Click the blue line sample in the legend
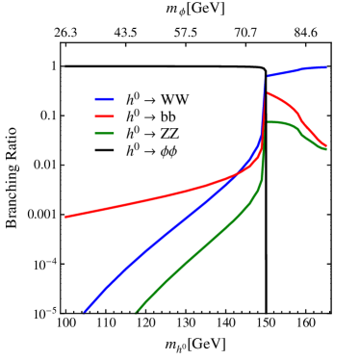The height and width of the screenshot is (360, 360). (x=104, y=99)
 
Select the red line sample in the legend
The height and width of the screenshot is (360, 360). (x=104, y=116)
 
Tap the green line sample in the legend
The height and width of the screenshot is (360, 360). (x=104, y=134)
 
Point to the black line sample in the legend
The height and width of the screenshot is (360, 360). (x=104, y=151)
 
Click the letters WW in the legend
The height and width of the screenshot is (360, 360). (x=175, y=99)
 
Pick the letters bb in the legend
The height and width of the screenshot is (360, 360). (x=168, y=116)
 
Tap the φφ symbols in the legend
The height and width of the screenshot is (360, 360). (x=169, y=151)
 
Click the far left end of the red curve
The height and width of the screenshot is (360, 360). (x=65, y=217)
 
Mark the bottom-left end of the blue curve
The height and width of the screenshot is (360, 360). (x=85, y=312)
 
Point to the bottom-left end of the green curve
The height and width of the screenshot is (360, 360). (x=137, y=312)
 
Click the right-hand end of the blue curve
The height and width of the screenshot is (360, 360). (x=325, y=67)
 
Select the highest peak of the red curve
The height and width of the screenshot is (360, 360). (x=267, y=92)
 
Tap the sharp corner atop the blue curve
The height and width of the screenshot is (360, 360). (x=266, y=75)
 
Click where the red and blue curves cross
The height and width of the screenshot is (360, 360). (x=241, y=174)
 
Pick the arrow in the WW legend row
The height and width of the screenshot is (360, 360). (x=150, y=100)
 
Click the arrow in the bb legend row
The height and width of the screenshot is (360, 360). (x=150, y=117)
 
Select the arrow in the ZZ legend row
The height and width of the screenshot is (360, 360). (x=150, y=135)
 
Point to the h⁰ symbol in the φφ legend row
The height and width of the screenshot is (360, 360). (x=132, y=150)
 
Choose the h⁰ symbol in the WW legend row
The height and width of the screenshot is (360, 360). (x=132, y=98)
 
